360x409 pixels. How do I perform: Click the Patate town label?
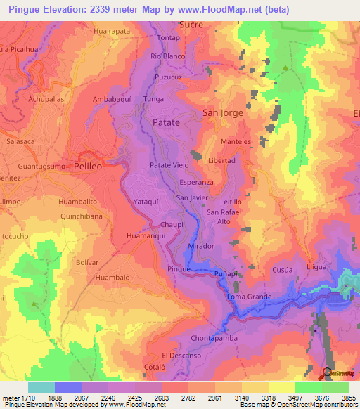pyautogui.click(x=166, y=122)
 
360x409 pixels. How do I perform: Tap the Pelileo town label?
pyautogui.click(x=89, y=167)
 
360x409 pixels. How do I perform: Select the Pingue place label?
pyautogui.click(x=179, y=269)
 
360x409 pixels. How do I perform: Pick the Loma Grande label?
pyautogui.click(x=249, y=297)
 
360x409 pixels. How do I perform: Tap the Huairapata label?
pyautogui.click(x=112, y=32)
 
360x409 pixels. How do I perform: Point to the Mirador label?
pyautogui.click(x=202, y=247)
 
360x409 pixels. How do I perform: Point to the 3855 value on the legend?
pyautogui.click(x=349, y=398)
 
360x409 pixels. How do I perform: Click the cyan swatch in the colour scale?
pyautogui.click(x=41, y=387)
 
